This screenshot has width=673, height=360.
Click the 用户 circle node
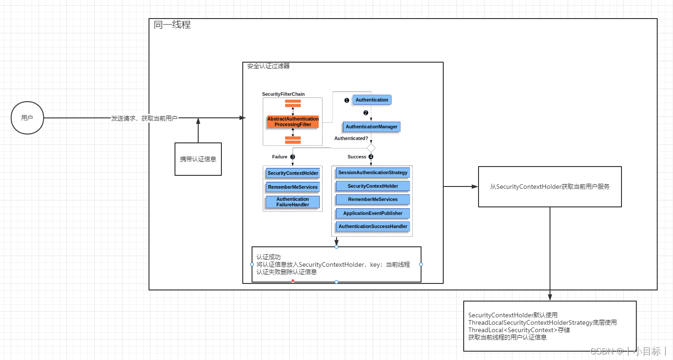click(27, 118)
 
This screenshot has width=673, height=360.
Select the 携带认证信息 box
click(198, 159)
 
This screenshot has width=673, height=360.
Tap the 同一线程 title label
click(172, 25)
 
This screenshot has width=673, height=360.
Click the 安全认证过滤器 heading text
click(268, 66)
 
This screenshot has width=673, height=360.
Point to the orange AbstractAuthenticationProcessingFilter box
click(293, 122)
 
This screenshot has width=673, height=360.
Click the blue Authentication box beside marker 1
click(372, 100)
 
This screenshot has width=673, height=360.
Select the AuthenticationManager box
click(371, 127)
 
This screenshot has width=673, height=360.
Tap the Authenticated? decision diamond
click(371, 148)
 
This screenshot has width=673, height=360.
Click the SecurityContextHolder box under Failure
click(293, 173)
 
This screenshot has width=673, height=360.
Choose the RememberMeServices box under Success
click(373, 199)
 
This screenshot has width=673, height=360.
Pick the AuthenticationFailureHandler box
click(293, 202)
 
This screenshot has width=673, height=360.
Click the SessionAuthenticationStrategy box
click(373, 173)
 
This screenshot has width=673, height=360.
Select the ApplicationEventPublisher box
click(373, 213)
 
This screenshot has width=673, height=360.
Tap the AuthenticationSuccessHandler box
click(373, 226)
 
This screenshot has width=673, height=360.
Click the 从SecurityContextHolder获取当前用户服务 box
click(550, 186)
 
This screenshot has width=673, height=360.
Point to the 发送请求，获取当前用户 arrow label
click(144, 118)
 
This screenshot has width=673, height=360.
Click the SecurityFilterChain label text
click(283, 94)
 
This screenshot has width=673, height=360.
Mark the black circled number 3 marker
click(292, 157)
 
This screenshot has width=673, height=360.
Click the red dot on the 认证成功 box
click(292, 281)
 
